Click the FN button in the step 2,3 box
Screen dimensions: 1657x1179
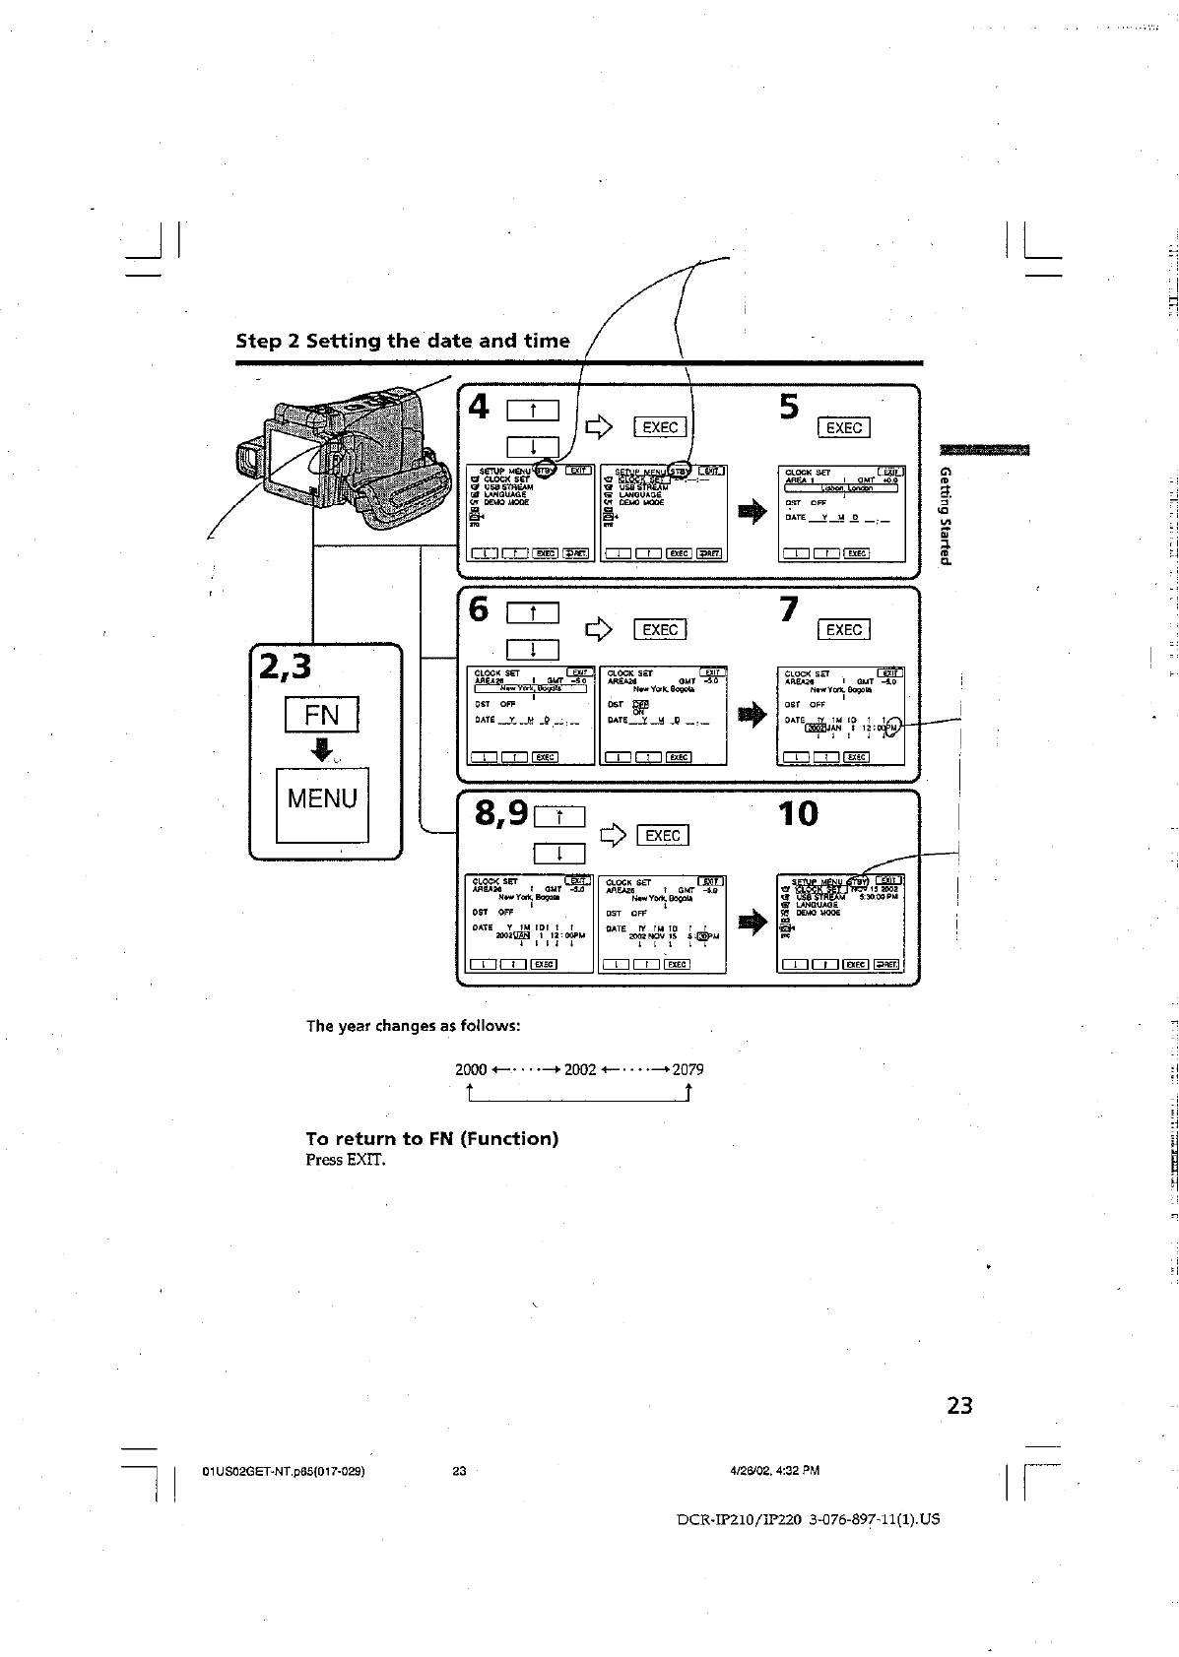[x=321, y=714]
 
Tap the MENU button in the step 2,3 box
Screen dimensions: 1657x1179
[x=322, y=799]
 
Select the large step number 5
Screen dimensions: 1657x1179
[x=789, y=407]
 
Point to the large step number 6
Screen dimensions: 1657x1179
[x=478, y=609]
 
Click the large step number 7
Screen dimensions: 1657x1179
[x=788, y=609]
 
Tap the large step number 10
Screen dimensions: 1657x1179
[x=798, y=814]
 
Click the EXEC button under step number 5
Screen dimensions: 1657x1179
[x=844, y=427]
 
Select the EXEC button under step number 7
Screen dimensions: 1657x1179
[x=844, y=630]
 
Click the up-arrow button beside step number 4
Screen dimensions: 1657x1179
[x=532, y=412]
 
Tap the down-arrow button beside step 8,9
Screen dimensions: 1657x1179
[x=558, y=854]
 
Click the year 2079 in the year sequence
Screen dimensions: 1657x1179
[x=688, y=1069]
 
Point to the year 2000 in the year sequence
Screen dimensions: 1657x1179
[x=471, y=1069]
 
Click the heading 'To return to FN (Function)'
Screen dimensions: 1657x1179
[x=431, y=1138]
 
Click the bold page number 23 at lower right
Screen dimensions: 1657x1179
[x=959, y=1405]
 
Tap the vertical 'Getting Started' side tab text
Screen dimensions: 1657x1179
[x=946, y=515]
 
